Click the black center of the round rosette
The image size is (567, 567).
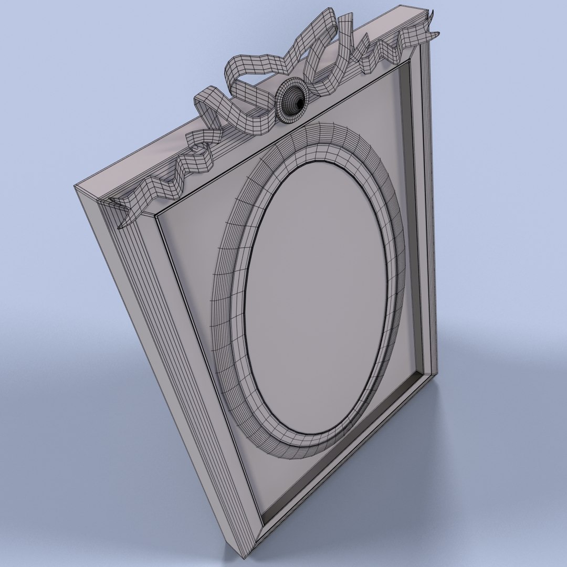299,103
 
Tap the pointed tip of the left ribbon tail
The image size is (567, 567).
120,227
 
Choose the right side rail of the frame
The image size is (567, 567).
425,210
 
